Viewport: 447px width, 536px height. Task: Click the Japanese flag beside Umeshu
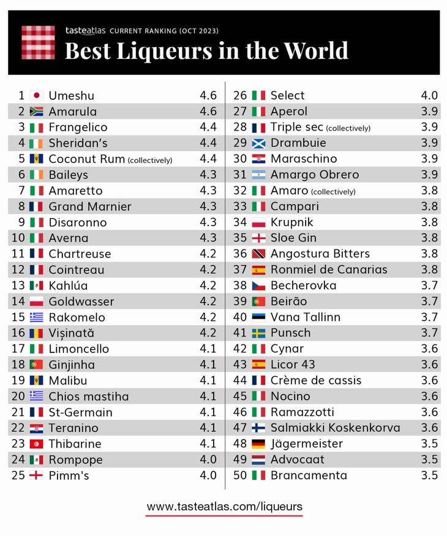36,96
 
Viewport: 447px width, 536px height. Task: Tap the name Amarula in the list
72,111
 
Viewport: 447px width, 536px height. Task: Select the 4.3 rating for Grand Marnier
208,206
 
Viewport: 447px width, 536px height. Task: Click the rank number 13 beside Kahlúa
18,285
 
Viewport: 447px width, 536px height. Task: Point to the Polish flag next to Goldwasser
36,301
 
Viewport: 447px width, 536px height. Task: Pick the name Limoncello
78,349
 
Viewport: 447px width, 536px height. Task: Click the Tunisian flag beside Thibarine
36,444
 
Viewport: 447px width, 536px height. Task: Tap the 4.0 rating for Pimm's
208,475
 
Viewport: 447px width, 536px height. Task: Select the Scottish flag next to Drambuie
258,143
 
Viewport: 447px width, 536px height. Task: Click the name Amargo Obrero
314,175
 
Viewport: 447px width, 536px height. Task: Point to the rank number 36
240,254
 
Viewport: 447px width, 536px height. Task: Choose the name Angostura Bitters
320,254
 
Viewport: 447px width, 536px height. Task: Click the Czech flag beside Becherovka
258,285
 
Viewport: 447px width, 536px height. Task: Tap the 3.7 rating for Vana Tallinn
429,317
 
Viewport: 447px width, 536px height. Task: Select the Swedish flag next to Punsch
258,333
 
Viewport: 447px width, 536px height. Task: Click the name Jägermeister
306,444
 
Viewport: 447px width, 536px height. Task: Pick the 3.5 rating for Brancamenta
429,475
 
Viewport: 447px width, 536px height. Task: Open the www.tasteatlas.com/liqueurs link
224,507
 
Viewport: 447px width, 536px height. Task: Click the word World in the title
314,50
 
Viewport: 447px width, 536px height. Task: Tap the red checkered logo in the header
38,42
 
